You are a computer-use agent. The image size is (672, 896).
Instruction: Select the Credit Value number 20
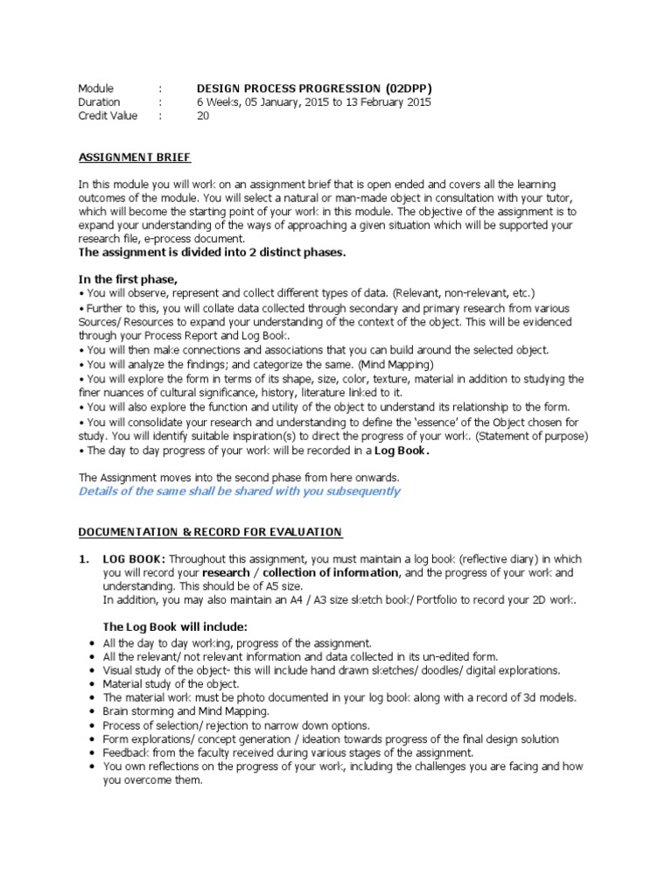[x=203, y=115]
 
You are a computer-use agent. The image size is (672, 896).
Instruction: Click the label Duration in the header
[x=99, y=102]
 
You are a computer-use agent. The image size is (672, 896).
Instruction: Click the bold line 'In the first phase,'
[x=128, y=279]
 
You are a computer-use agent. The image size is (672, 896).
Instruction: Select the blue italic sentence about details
[x=239, y=492]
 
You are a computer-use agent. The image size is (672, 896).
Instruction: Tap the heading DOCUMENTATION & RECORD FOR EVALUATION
[x=210, y=532]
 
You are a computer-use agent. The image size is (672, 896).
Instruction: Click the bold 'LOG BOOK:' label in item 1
[x=134, y=559]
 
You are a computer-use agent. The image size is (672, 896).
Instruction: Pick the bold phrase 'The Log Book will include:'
[x=175, y=627]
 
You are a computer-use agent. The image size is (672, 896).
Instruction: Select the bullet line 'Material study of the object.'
[x=171, y=683]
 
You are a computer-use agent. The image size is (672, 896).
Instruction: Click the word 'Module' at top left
[x=96, y=88]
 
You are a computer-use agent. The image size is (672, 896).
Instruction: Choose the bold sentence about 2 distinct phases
[x=213, y=253]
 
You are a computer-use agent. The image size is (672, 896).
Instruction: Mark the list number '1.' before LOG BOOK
[x=84, y=559]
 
